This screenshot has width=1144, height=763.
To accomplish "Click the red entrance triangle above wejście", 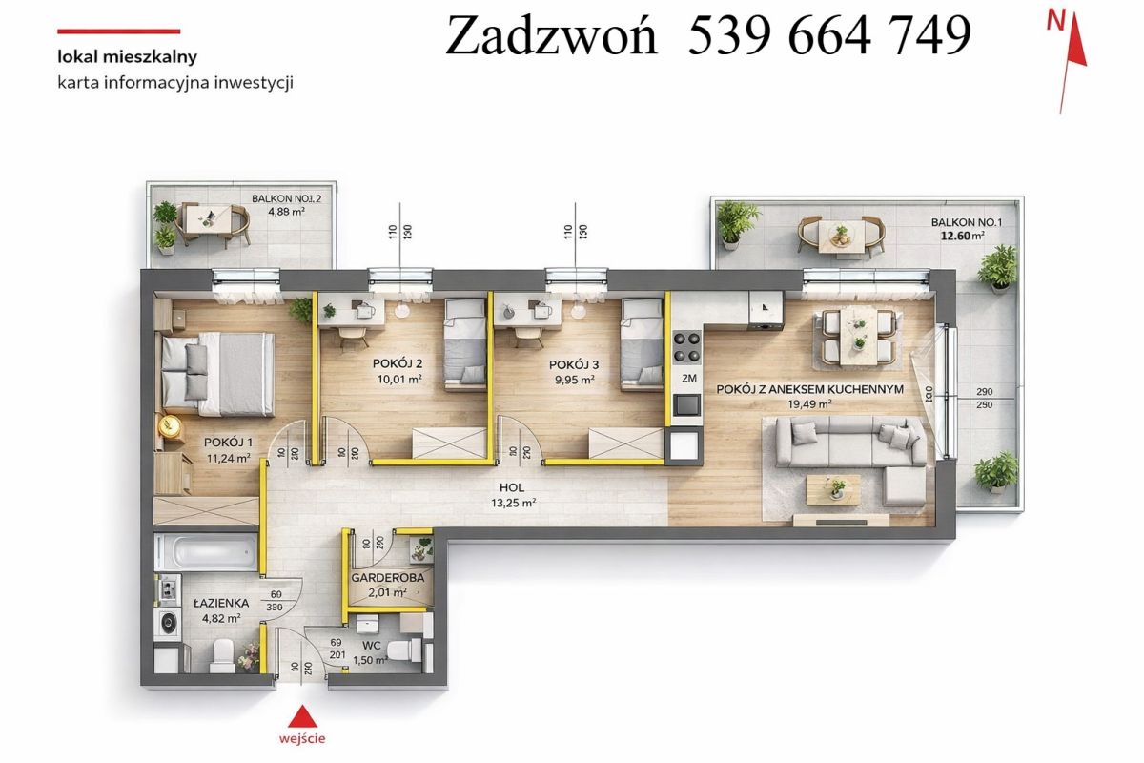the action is tap(302, 716).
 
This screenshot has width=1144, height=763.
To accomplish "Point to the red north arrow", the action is tap(1072, 62).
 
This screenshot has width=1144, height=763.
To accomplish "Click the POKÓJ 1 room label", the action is tap(228, 442).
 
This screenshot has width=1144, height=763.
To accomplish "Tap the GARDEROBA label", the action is tap(388, 578).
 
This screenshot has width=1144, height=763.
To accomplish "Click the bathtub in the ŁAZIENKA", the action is tap(207, 552).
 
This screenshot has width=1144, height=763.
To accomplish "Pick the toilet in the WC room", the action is tap(404, 650).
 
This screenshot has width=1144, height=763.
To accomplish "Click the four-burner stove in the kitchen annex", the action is tap(687, 347).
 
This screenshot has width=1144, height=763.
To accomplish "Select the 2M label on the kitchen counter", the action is tap(689, 379).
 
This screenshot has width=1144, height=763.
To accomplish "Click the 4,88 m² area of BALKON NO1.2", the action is tap(287, 212).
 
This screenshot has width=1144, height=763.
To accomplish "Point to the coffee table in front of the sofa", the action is tap(833, 489).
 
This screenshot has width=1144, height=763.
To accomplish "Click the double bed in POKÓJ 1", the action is tap(218, 373).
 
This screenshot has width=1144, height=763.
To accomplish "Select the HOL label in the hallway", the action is tap(512, 487).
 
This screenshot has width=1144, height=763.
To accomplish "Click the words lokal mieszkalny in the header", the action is tap(127, 56).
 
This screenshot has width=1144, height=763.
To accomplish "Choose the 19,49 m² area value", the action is tap(809, 404).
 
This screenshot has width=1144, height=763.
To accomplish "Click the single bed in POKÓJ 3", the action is tap(643, 345).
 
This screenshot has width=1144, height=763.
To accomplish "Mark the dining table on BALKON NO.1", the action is tap(841, 236).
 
